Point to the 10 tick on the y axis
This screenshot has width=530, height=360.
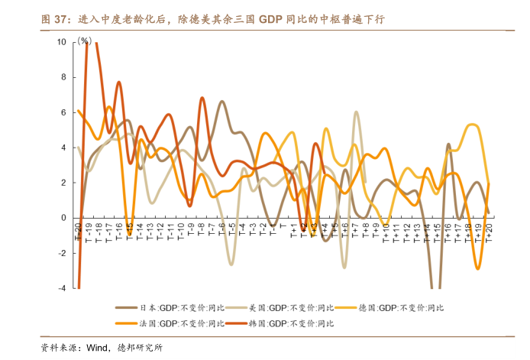coord(62,42)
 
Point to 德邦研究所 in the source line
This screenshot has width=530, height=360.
coord(139,348)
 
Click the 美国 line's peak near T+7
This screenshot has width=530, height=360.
coord(356,112)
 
